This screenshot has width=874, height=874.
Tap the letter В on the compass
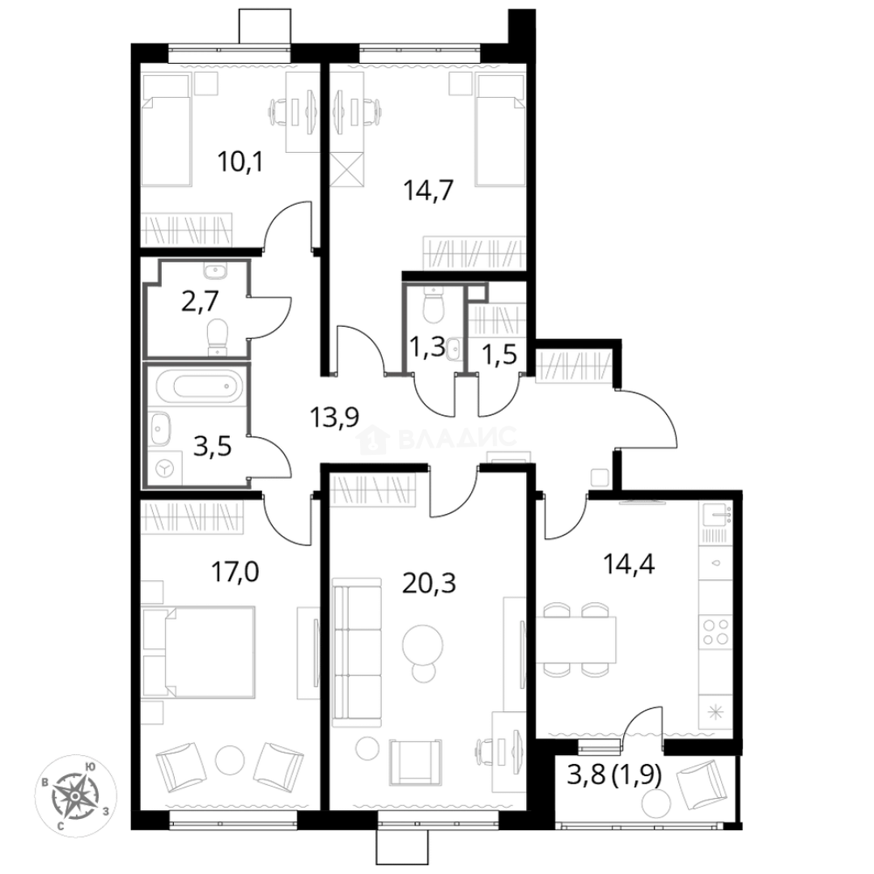(45, 783)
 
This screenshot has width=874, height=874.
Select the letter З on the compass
(106, 809)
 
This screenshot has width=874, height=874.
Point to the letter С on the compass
(62, 826)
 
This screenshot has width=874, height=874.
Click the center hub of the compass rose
(74, 796)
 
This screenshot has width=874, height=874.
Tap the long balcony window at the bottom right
(639, 827)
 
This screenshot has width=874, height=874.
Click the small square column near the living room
(597, 477)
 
